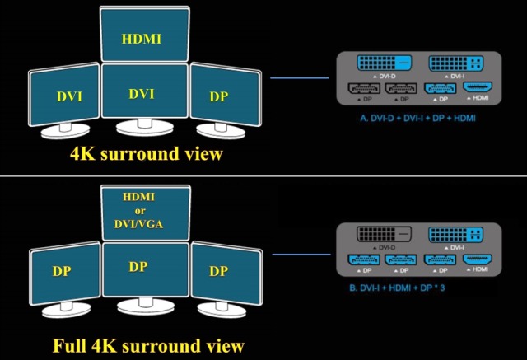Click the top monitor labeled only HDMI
coord(142,37)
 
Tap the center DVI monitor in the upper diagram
coord(142,94)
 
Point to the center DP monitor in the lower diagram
coord(142,268)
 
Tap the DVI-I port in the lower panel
coord(458,235)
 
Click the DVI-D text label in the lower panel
coord(388,246)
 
